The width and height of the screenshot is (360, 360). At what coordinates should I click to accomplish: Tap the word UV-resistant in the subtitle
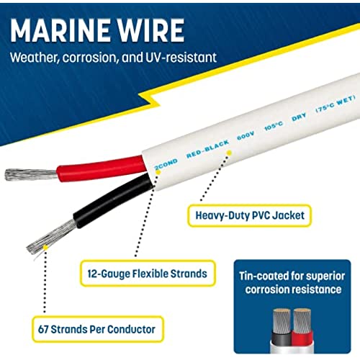coord(181,58)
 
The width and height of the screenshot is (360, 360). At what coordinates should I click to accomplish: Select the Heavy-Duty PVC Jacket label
coord(249,215)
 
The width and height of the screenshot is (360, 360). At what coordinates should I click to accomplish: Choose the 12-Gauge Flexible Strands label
coord(148,274)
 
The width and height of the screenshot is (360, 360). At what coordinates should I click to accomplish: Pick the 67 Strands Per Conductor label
coord(97,329)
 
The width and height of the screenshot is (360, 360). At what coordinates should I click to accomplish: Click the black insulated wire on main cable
coord(113,200)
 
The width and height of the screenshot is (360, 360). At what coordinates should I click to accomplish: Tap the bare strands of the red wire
coord(31,174)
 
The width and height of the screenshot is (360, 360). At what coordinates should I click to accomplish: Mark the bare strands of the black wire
coord(52,236)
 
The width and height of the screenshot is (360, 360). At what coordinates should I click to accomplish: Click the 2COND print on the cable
coord(166,164)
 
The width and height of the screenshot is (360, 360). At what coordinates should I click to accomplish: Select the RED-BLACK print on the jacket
coord(208,149)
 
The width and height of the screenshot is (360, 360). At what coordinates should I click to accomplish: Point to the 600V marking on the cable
coord(246,136)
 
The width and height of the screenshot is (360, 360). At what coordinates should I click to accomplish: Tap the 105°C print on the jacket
coord(274,125)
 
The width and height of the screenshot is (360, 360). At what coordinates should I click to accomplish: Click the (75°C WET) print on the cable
coord(336,104)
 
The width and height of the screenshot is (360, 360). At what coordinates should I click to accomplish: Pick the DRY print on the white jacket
coord(299,117)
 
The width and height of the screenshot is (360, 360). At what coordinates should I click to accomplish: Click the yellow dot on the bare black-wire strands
coord(45,247)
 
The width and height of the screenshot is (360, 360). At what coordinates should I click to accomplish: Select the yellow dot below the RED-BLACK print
coord(229,153)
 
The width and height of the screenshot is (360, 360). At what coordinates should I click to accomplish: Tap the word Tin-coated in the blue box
coord(263,276)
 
